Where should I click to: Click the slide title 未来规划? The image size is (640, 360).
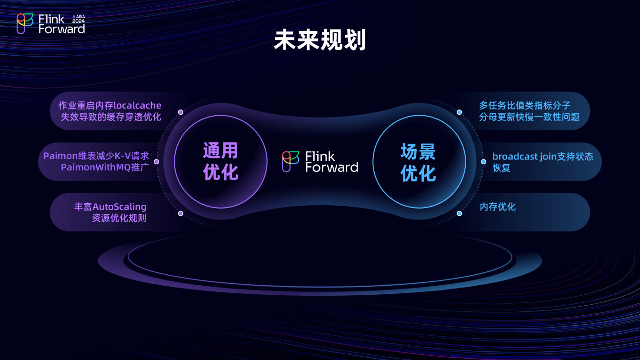(320, 40)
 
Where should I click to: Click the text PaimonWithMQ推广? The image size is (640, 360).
(105, 167)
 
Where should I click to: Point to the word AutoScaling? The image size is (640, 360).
(120, 207)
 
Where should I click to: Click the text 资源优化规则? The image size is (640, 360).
(119, 218)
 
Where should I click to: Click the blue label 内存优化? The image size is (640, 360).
(498, 207)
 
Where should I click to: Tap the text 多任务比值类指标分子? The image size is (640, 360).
(525, 105)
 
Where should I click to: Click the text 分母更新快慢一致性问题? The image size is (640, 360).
(529, 117)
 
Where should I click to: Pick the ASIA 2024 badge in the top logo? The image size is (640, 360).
(79, 19)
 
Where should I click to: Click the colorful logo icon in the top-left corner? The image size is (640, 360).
(25, 24)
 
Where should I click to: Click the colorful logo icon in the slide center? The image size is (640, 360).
(290, 162)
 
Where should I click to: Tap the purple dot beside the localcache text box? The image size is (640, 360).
(180, 112)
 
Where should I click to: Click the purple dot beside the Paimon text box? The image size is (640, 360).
(156, 162)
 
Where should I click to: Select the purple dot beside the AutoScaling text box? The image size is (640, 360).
(180, 213)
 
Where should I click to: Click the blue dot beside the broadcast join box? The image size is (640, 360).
(483, 162)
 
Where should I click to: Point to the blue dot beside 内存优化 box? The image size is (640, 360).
(459, 213)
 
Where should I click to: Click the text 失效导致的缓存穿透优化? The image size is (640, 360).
(111, 117)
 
